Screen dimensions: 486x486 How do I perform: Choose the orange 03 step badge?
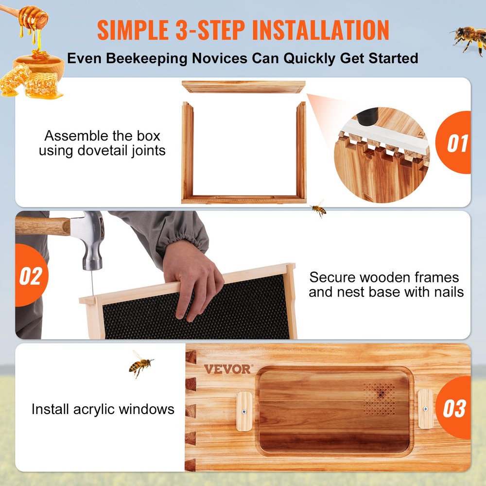(454, 408)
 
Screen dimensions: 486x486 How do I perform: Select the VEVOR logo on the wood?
(227, 369)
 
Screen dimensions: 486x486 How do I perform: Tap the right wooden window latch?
(425, 409)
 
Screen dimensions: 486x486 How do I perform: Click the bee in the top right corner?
(467, 37)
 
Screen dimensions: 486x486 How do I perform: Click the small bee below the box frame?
(318, 209)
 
